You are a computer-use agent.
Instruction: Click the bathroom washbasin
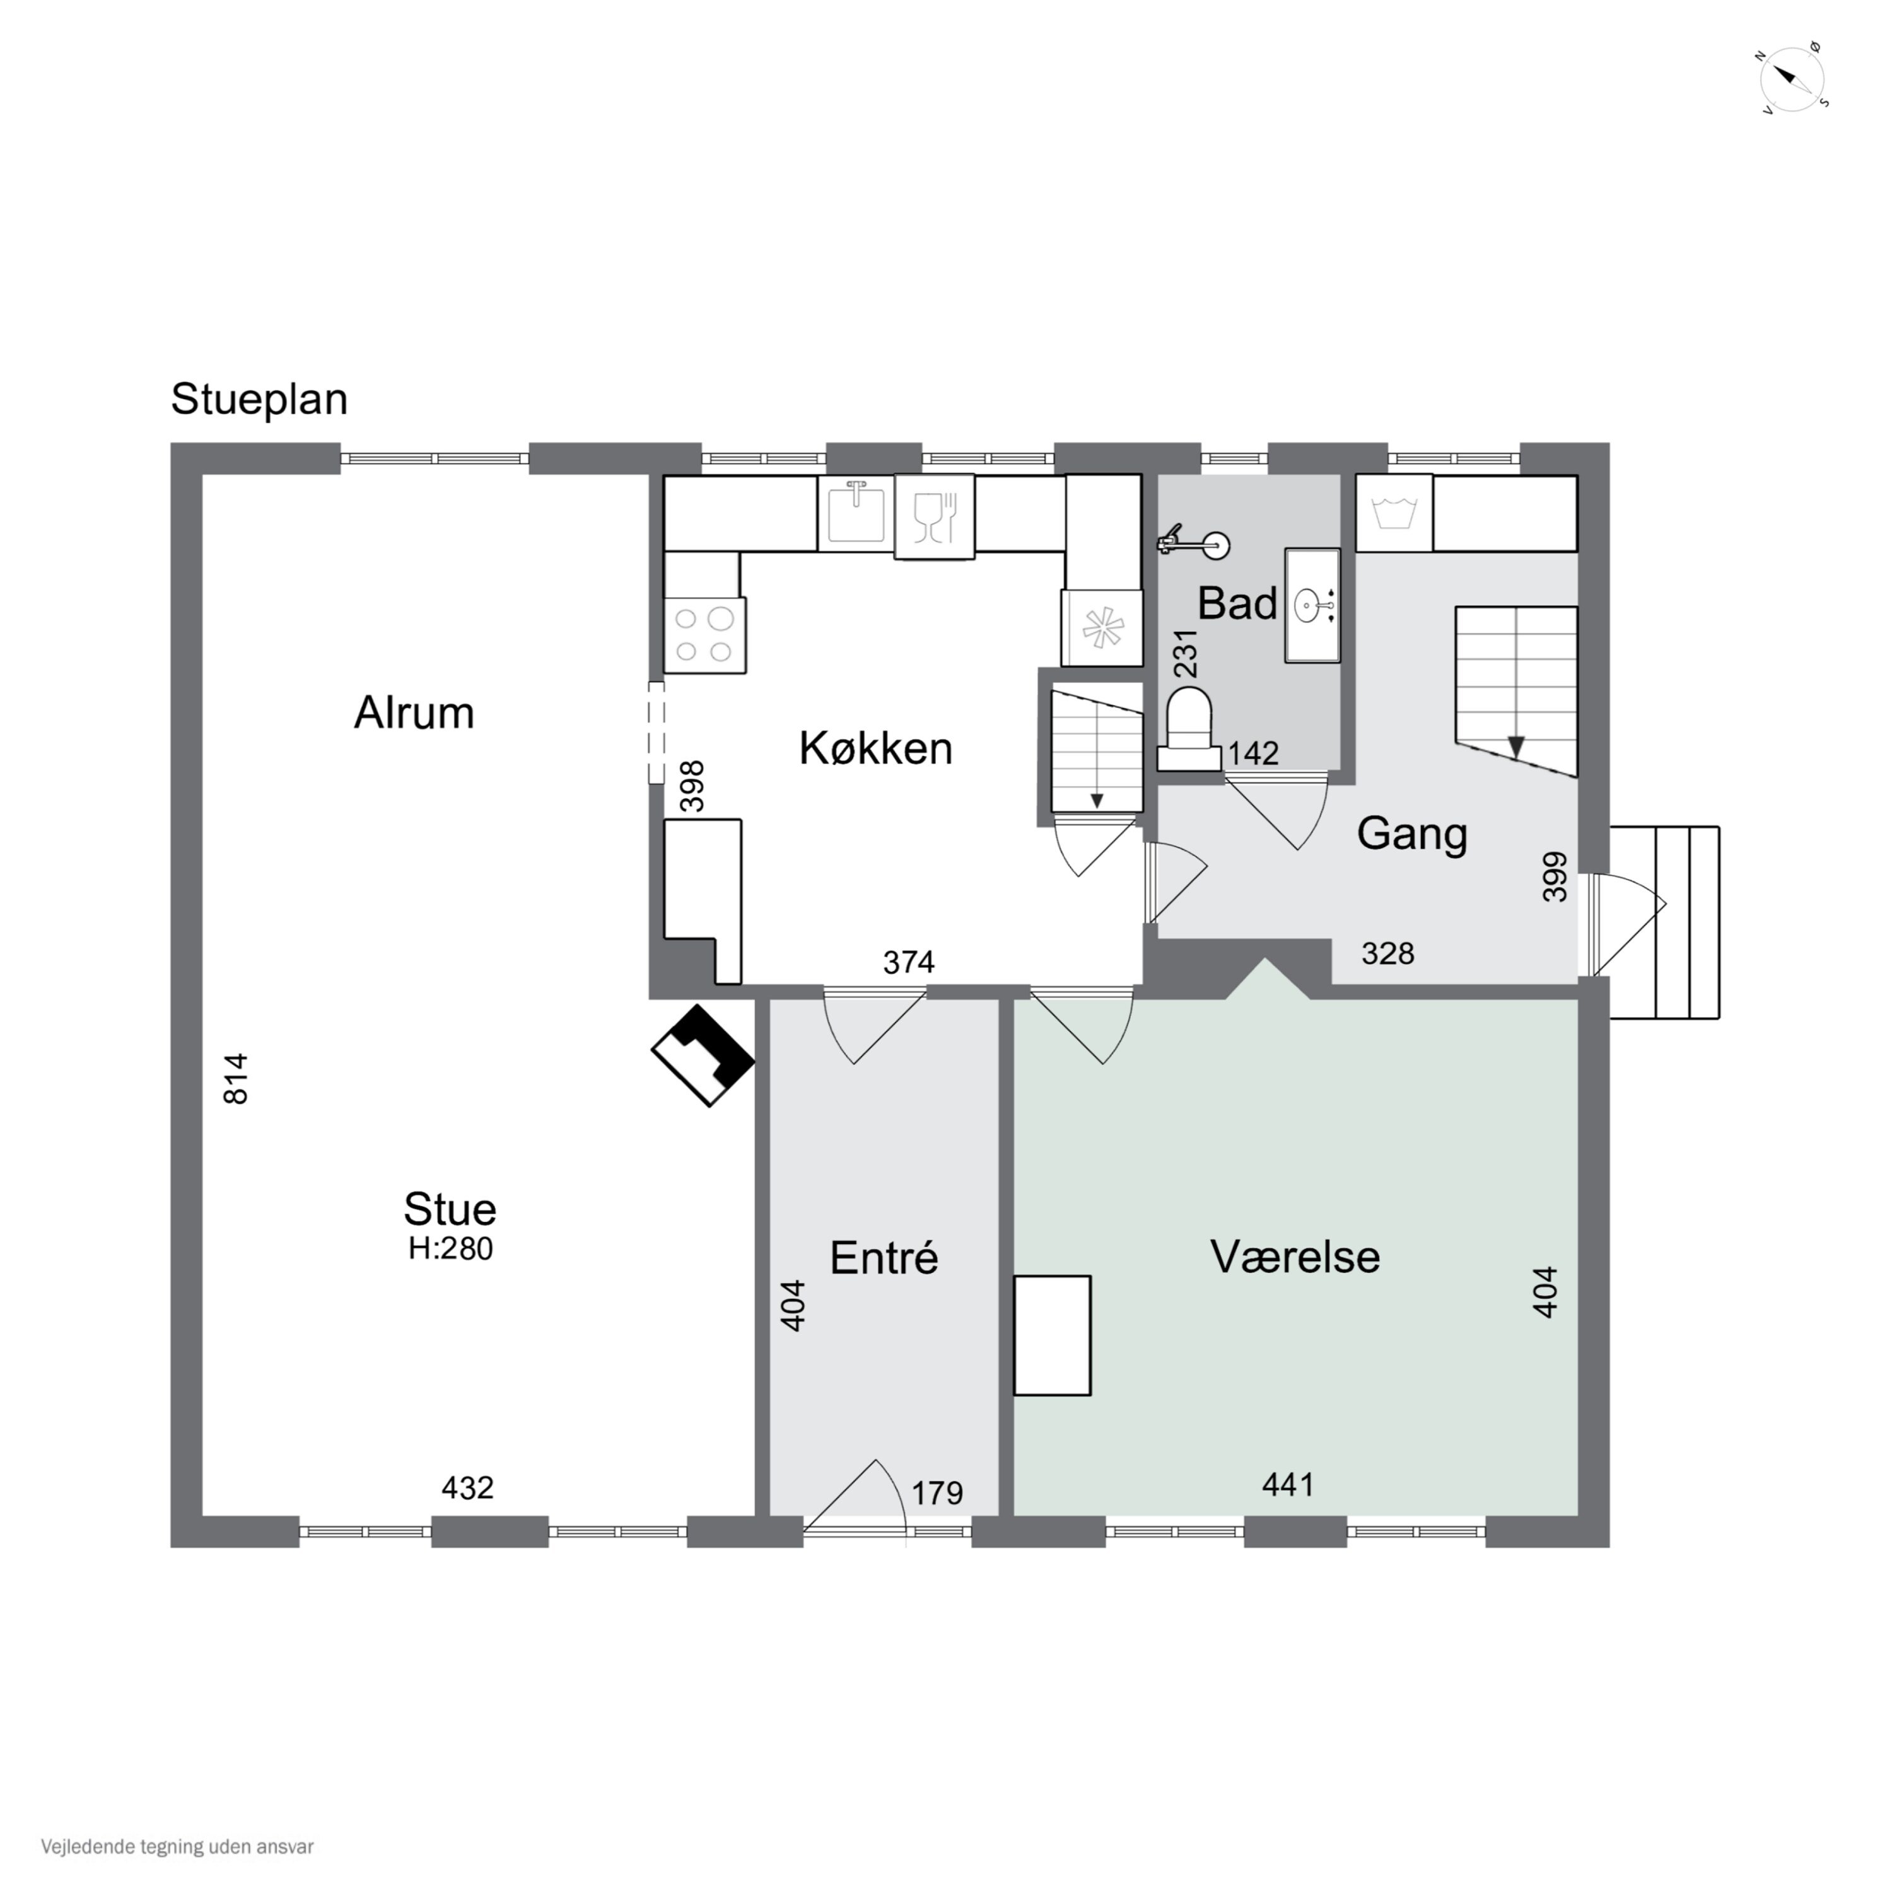(x=1312, y=605)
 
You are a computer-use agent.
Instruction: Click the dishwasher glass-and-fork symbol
(x=934, y=517)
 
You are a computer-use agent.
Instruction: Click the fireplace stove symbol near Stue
(x=703, y=1055)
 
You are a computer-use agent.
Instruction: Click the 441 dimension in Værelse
(x=1288, y=1485)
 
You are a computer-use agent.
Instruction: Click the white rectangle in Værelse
(x=1052, y=1335)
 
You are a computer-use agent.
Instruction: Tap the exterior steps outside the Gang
(x=1665, y=922)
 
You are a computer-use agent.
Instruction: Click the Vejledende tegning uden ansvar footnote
(x=177, y=1847)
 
